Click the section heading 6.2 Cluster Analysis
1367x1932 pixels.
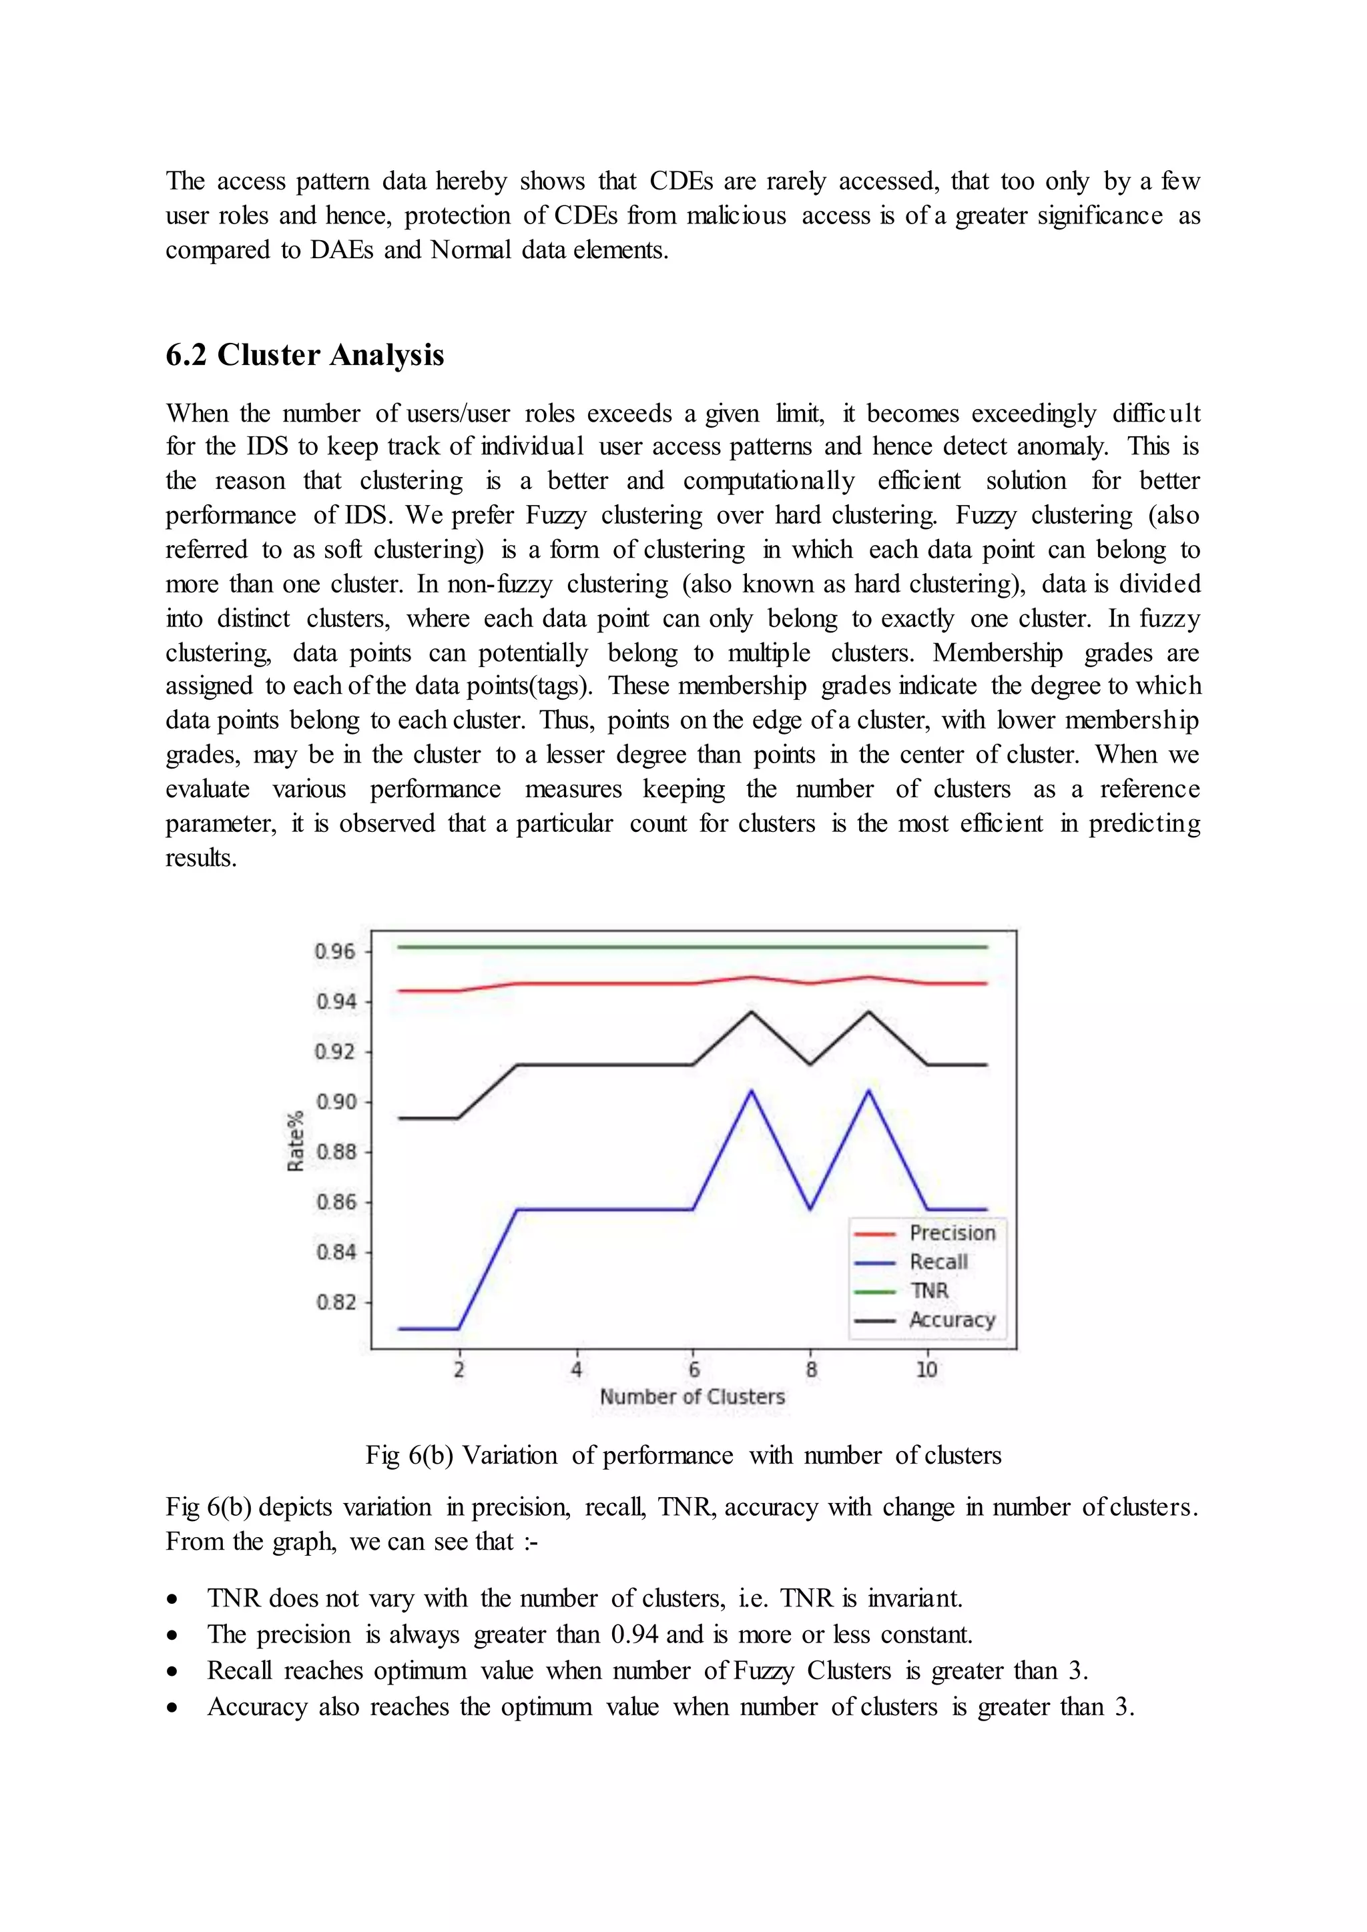click(305, 355)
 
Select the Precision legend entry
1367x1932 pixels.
click(951, 1234)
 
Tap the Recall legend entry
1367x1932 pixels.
click(938, 1262)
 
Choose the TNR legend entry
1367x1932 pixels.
click(928, 1291)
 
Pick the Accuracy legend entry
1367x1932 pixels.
click(951, 1320)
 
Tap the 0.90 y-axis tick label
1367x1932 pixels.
click(336, 1102)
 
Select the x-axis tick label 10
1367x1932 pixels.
click(926, 1370)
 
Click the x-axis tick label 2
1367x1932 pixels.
click(459, 1370)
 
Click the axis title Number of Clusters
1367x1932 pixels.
click(692, 1397)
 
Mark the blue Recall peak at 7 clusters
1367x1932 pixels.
click(751, 1091)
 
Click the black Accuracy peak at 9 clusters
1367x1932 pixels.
click(868, 1011)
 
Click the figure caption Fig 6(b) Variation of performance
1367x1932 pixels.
click(683, 1456)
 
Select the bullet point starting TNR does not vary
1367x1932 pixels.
click(584, 1598)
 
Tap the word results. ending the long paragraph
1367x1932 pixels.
click(201, 859)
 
